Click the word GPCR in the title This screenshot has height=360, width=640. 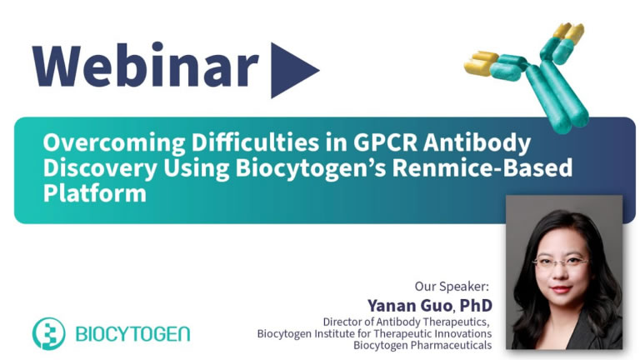click(385, 142)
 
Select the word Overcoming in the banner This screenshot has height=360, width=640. click(114, 143)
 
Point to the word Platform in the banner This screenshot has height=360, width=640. click(95, 193)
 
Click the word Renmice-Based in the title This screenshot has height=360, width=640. click(482, 167)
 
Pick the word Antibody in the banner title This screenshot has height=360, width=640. click(477, 143)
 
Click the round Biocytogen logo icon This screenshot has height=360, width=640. click(48, 333)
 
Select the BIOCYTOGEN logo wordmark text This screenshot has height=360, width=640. click(132, 334)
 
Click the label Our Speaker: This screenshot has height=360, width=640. click(452, 286)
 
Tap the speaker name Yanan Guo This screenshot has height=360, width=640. click(409, 305)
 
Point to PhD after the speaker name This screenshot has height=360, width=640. click(476, 305)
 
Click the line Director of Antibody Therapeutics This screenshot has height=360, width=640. click(406, 322)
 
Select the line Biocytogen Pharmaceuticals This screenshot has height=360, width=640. click(422, 345)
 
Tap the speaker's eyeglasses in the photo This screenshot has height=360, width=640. click(561, 261)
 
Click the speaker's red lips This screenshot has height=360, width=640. click(561, 289)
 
